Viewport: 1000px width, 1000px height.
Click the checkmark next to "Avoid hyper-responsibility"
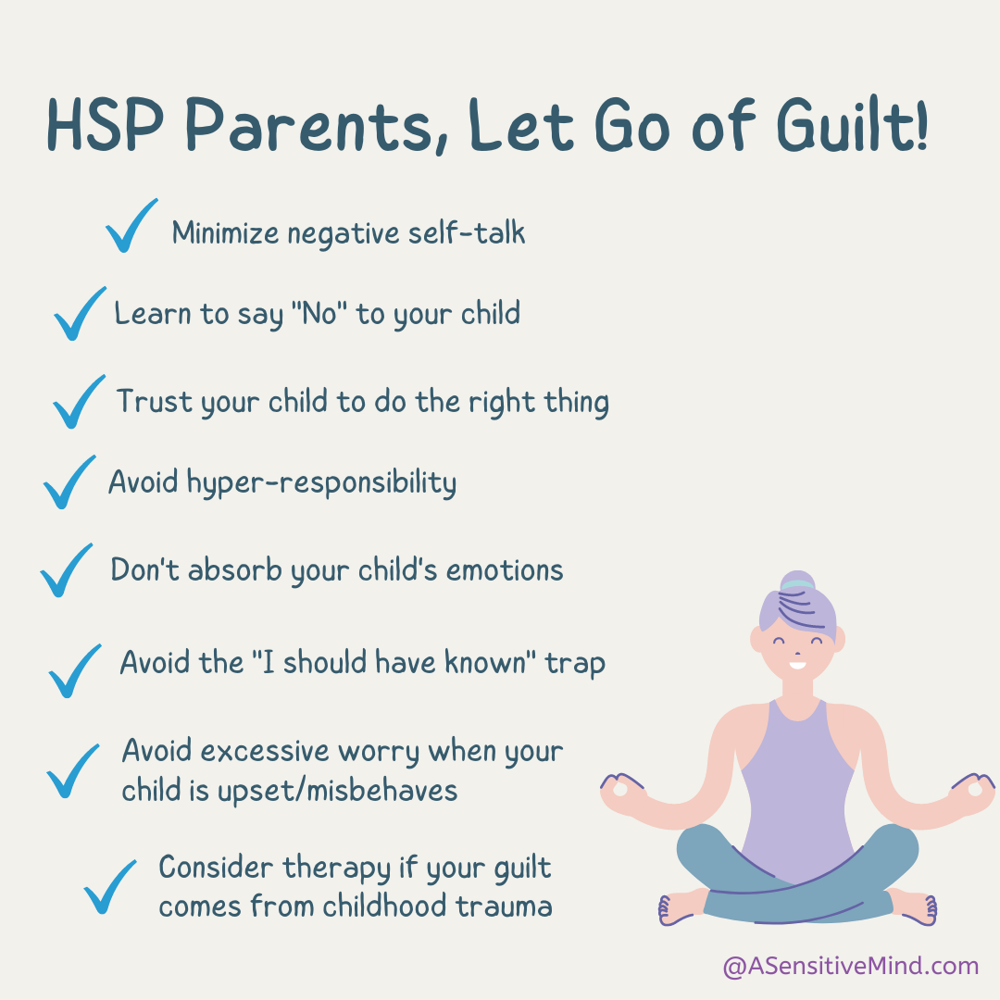pos(69,482)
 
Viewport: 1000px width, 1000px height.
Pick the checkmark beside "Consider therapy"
pos(109,886)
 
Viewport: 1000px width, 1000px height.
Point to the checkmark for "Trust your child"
pos(79,401)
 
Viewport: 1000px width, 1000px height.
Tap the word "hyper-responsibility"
pos(321,483)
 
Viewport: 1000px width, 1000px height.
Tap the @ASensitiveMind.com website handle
pos(850,967)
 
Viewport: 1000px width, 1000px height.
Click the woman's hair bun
pos(796,583)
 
